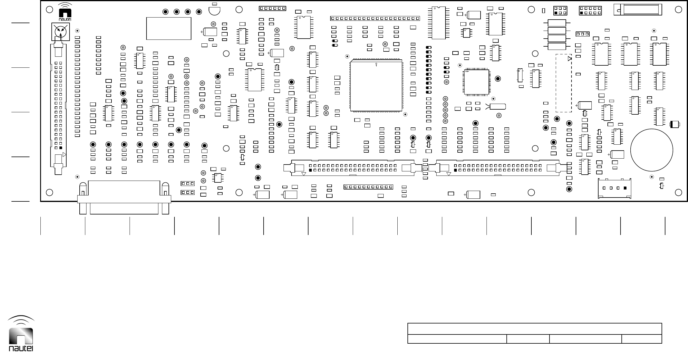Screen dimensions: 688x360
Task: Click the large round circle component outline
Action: [x=651, y=150]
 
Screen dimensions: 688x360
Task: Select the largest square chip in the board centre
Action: [x=376, y=86]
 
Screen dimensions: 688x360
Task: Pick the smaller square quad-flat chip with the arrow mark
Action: [x=476, y=82]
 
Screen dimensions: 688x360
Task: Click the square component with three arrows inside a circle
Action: [x=61, y=31]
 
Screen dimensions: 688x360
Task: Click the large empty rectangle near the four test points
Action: [x=169, y=28]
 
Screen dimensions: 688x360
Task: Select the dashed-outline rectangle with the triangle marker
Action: [x=563, y=83]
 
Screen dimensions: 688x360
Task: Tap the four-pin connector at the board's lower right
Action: [x=615, y=188]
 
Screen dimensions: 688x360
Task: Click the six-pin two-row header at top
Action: [x=560, y=11]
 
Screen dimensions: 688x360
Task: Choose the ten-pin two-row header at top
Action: [x=590, y=11]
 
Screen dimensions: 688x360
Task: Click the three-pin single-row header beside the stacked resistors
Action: [x=582, y=34]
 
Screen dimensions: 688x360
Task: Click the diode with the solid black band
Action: [x=674, y=125]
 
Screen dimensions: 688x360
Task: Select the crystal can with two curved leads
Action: [x=497, y=106]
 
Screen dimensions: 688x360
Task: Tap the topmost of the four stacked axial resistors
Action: [x=556, y=23]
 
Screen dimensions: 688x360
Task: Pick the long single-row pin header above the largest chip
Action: [x=375, y=18]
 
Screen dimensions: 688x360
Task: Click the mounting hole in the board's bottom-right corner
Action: [x=678, y=192]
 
